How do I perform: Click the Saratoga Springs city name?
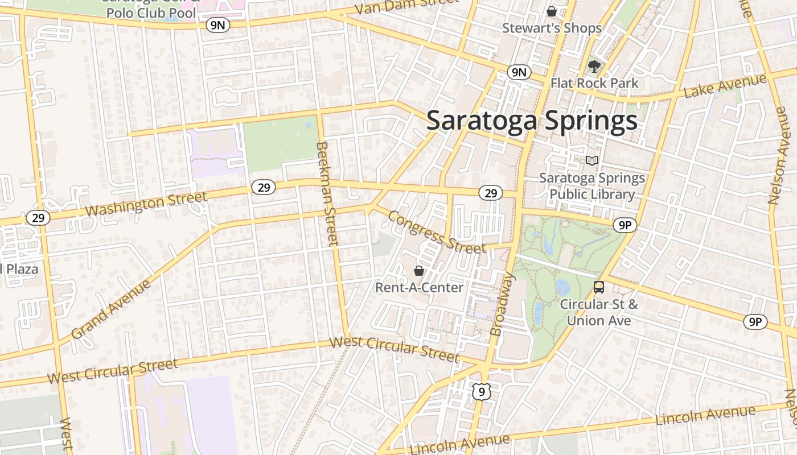tap(532, 121)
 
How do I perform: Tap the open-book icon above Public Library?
tap(592, 161)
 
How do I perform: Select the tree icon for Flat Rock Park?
tap(594, 66)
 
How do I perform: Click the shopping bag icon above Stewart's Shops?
tap(551, 11)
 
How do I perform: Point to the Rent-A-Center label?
tap(419, 288)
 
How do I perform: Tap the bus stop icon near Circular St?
tap(599, 287)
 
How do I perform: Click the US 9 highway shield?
tap(482, 391)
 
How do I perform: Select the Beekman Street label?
tap(328, 193)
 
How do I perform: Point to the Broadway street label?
tap(502, 304)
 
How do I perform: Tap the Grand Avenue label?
tap(112, 309)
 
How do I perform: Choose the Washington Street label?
tap(146, 204)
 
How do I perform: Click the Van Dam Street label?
tap(406, 7)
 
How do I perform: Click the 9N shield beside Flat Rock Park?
tap(519, 72)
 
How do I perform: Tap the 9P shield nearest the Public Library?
tap(625, 226)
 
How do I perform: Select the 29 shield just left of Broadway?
tap(491, 193)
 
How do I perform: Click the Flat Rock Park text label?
tap(594, 83)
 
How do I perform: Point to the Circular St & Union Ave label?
tap(599, 312)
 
